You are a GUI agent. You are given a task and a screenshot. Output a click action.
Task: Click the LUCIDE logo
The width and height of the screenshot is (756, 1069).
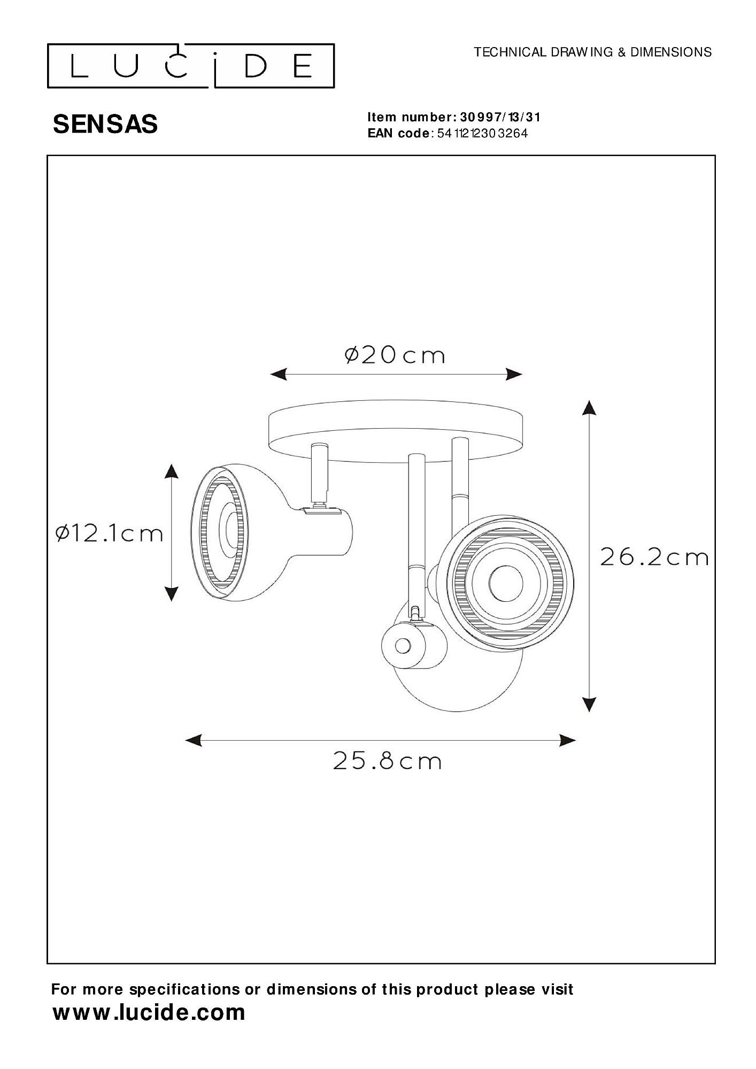(191, 66)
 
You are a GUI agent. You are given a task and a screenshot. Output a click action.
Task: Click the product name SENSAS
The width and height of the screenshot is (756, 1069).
(105, 125)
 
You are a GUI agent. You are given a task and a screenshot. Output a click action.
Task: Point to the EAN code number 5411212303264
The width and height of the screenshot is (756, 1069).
(482, 134)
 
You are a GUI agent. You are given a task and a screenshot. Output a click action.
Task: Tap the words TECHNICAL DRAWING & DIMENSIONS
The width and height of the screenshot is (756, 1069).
(593, 52)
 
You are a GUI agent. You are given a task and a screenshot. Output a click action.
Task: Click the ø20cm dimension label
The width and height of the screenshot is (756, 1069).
(395, 355)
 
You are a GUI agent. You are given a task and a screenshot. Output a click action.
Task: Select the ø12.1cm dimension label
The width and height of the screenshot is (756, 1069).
(109, 533)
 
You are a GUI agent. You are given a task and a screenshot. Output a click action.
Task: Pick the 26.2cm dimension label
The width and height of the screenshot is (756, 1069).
(654, 557)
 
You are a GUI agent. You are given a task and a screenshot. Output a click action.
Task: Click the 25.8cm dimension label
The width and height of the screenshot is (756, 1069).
(388, 761)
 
